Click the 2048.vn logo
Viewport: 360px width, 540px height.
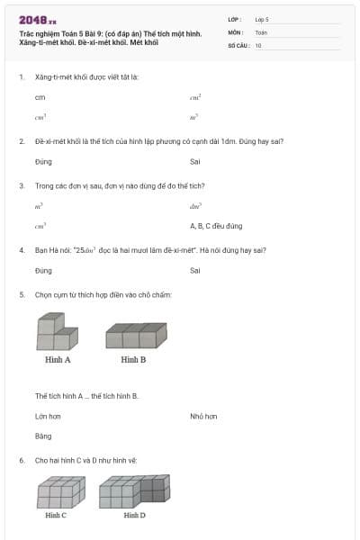37,19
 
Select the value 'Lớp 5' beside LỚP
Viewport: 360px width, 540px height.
262,19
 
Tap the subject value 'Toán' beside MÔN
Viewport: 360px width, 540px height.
261,31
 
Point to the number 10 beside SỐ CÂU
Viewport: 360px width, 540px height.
258,45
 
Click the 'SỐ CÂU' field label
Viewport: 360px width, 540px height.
238,45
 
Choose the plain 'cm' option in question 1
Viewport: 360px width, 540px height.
40,96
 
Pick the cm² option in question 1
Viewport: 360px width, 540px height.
195,96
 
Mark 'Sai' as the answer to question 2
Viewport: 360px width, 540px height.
195,162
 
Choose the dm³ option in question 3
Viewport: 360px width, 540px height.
195,206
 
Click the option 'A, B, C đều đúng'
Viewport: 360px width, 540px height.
216,226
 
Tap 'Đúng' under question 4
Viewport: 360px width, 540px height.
43,270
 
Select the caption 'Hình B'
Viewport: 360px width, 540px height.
133,359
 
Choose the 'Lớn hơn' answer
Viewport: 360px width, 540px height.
48,417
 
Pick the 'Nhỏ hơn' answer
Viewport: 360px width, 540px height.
203,417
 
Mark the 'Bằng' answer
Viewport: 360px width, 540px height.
43,436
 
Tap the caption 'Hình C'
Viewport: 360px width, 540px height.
56,515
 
